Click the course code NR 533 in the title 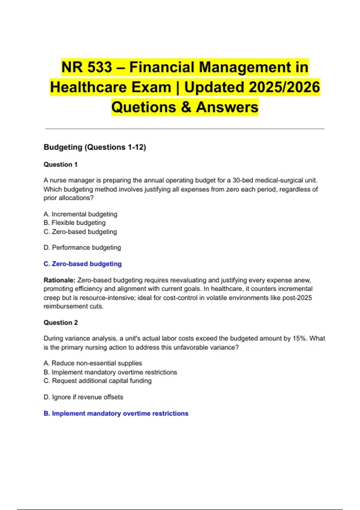(87, 67)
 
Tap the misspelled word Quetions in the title (143, 107)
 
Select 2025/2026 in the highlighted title (284, 87)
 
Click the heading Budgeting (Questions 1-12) (95, 147)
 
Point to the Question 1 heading (61, 164)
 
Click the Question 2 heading (61, 322)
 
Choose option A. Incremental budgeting (80, 214)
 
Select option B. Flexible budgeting (75, 223)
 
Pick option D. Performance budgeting (82, 247)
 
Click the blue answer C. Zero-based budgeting (82, 264)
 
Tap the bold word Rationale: (59, 280)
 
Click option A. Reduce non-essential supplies (93, 363)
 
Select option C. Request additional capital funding (97, 381)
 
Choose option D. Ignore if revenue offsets (83, 397)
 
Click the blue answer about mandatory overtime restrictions (116, 413)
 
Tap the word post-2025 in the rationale (297, 298)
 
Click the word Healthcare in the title (111, 87)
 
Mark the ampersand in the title (186, 107)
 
